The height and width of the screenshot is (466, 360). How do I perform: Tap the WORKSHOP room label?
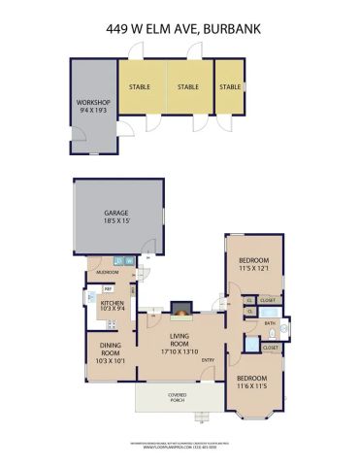pos(93,103)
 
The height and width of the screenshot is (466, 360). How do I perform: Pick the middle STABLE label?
pos(188,87)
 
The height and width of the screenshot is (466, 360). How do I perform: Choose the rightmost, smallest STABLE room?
pos(230,87)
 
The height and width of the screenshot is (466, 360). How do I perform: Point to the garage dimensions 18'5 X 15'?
pos(116,223)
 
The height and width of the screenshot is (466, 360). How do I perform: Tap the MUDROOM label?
pos(105,272)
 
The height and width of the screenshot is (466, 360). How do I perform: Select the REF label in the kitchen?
pos(108,289)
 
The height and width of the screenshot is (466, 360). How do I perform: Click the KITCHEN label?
pos(113,303)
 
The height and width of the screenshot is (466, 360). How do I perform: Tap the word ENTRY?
pos(207,361)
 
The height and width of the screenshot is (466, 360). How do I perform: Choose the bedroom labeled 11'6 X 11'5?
pos(253,382)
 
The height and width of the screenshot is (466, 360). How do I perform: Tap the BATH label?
pos(271,323)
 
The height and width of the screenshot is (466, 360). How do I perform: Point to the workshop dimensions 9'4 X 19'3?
pos(93,112)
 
